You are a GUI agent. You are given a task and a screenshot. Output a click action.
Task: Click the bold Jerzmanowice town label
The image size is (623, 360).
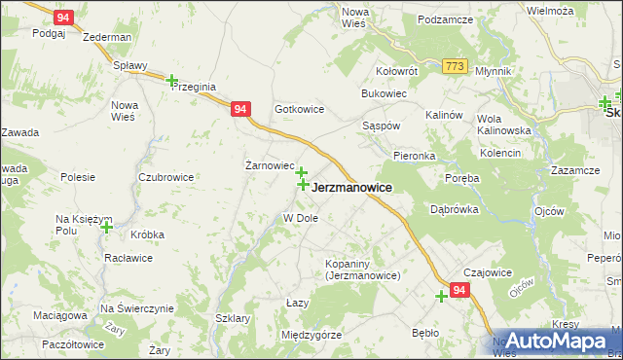click(352, 188)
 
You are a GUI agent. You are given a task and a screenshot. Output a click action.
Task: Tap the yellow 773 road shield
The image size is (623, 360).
click(454, 66)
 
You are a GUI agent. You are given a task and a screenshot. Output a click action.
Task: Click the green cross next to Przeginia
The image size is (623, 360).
click(172, 81)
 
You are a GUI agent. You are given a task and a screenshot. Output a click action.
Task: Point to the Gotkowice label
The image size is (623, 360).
click(299, 110)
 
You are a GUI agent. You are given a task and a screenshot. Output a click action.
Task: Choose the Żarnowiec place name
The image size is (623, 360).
click(269, 165)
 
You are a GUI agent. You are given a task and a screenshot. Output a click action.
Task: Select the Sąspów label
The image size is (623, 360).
click(381, 126)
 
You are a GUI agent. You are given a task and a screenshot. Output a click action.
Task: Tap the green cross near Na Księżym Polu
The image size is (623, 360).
click(106, 227)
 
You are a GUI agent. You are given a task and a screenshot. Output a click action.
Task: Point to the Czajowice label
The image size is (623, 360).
click(488, 273)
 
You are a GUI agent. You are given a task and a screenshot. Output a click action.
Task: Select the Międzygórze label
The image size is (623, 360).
click(311, 335)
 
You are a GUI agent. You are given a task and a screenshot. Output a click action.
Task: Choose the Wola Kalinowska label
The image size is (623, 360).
click(503, 124)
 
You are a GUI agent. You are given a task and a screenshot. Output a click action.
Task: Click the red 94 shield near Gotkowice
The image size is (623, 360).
click(241, 111)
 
